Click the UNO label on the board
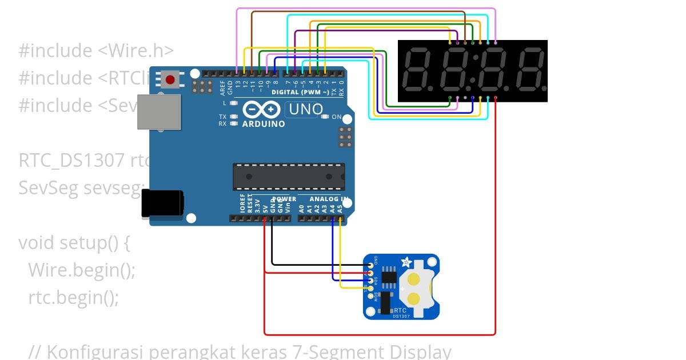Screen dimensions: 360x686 [x=302, y=109]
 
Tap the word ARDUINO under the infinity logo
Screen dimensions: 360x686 [x=264, y=123]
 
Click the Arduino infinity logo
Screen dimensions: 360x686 [x=261, y=109]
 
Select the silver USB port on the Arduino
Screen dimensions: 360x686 [x=158, y=111]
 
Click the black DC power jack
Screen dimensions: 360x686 [x=162, y=203]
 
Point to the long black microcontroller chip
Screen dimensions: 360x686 [x=289, y=176]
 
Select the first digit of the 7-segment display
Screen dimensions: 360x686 [x=419, y=70]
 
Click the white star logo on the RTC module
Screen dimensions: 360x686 [x=406, y=262]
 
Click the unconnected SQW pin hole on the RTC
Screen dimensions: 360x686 [x=371, y=296]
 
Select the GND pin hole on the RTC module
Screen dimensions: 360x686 [x=371, y=265]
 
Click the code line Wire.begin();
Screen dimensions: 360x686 [x=82, y=270]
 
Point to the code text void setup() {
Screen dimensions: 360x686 [x=74, y=243]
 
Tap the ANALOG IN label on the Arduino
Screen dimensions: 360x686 [x=329, y=199]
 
